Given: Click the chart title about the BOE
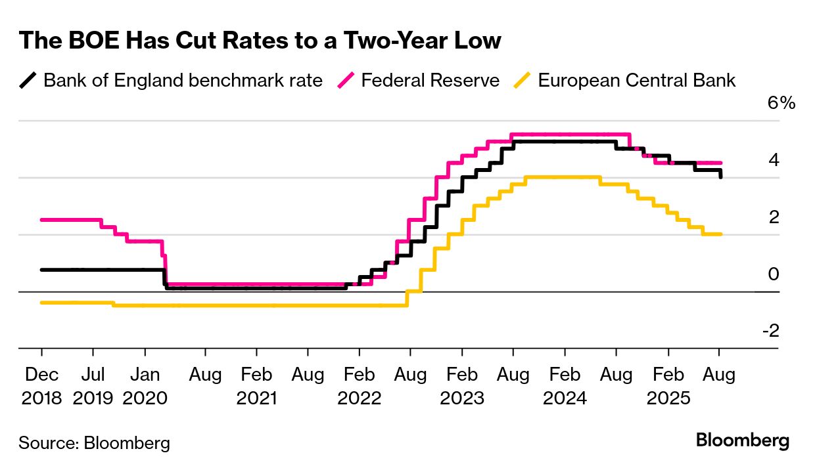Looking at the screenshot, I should coord(260,41).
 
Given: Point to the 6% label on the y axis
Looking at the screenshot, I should coord(781,104).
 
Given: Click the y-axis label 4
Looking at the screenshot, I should coord(774,160).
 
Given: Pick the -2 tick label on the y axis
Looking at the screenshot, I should coord(770,331).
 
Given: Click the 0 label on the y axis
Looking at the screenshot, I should coord(774,274).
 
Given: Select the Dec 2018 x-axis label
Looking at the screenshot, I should coord(41,386).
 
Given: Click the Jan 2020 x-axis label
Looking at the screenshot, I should coord(145,386).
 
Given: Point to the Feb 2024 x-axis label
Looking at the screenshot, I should coord(564,386).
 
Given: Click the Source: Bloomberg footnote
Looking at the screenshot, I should coord(94,443).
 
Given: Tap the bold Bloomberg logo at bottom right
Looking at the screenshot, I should coord(743,440).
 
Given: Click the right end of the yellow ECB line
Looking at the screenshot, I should coord(721,234).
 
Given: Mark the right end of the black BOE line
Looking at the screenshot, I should coord(721,177).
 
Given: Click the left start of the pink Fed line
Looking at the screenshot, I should coord(42,220).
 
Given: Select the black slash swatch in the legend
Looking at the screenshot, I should coord(28,81).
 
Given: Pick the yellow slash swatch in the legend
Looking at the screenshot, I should coord(523,81).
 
